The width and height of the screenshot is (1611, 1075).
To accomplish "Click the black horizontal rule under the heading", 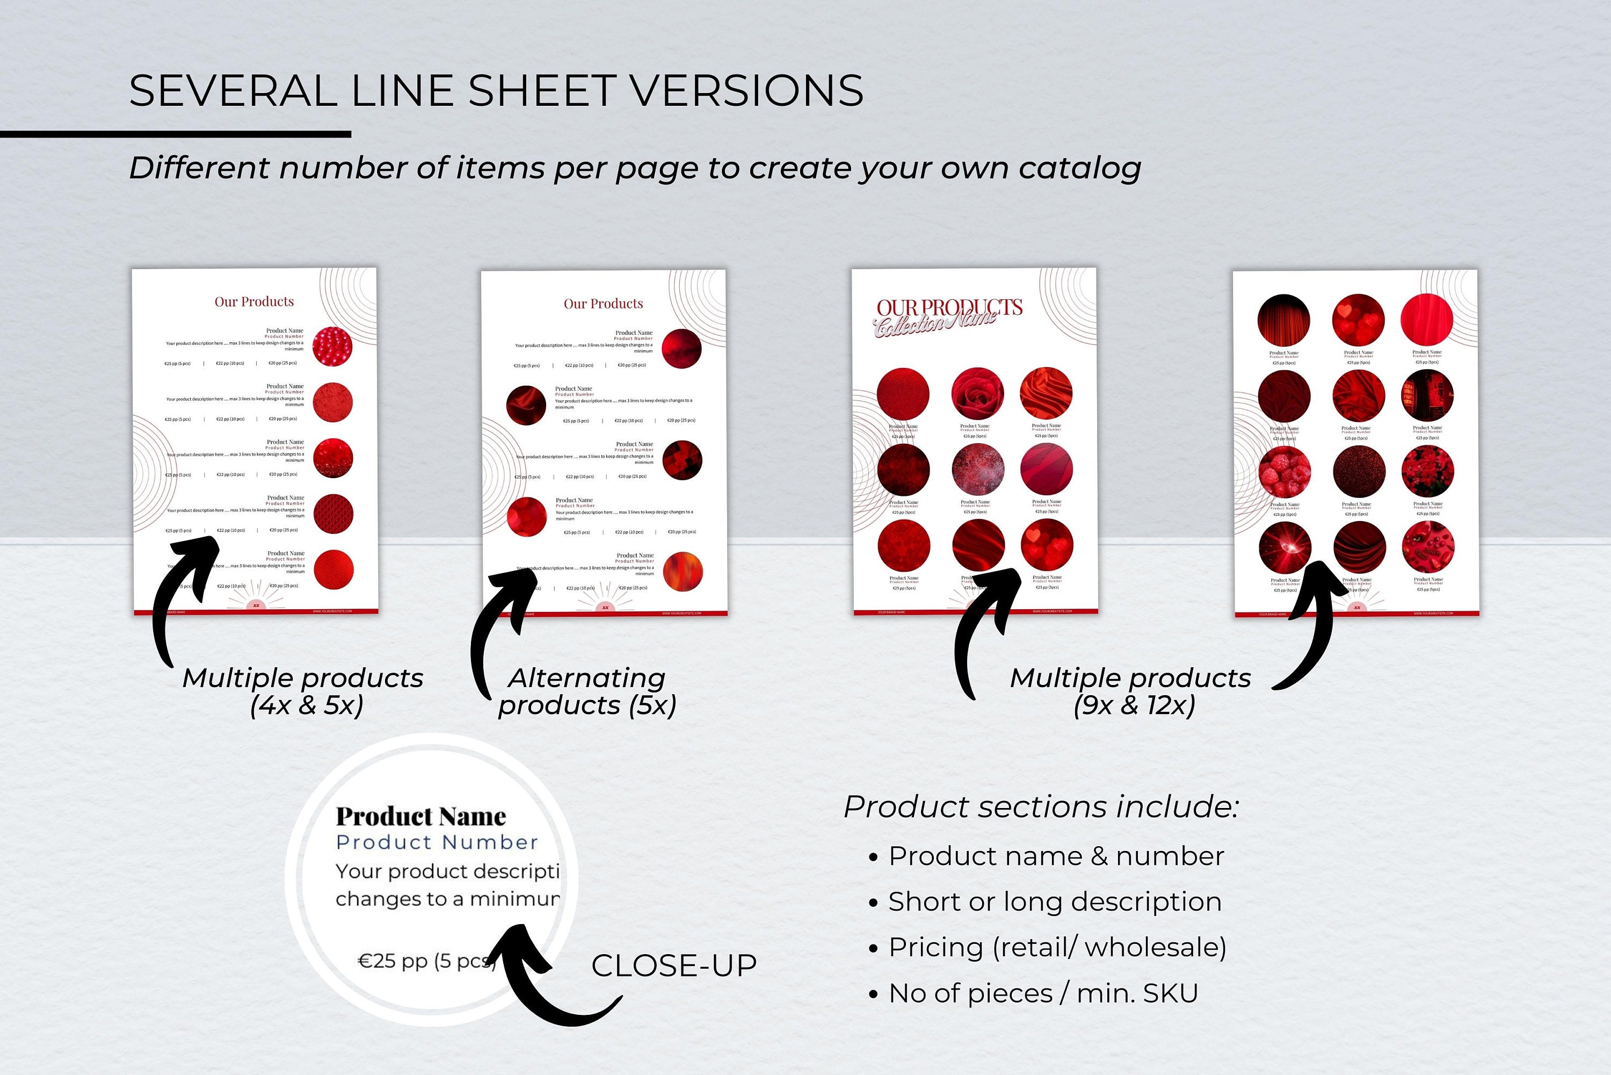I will pyautogui.click(x=176, y=134).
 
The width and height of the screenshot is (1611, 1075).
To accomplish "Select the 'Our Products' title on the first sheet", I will pyautogui.click(x=254, y=302).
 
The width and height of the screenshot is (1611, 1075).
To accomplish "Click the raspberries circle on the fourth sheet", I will pyautogui.click(x=1284, y=472).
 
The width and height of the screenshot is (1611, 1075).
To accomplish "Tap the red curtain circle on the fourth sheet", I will pyautogui.click(x=1283, y=320).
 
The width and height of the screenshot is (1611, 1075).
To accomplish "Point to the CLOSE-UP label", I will pyautogui.click(x=673, y=966).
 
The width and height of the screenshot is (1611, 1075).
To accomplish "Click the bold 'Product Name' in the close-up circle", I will pyautogui.click(x=420, y=817).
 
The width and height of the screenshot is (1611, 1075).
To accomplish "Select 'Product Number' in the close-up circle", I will pyautogui.click(x=437, y=842).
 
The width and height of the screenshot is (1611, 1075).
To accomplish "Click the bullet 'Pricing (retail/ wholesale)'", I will pyautogui.click(x=1057, y=948).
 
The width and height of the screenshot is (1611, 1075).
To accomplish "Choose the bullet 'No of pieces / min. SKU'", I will pyautogui.click(x=1042, y=993).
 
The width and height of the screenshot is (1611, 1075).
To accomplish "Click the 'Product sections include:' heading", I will pyautogui.click(x=1041, y=807).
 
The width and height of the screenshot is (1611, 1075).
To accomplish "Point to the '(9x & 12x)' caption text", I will pyautogui.click(x=1134, y=705).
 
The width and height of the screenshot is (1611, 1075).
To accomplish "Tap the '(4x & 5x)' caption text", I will pyautogui.click(x=306, y=705).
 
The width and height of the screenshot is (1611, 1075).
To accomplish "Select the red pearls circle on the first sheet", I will pyautogui.click(x=332, y=346).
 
